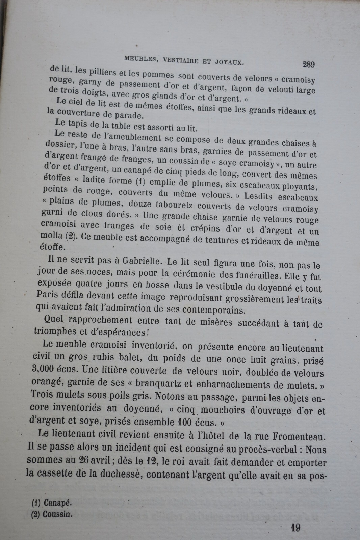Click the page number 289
[x=309, y=64]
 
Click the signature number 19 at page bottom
[x=296, y=528]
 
